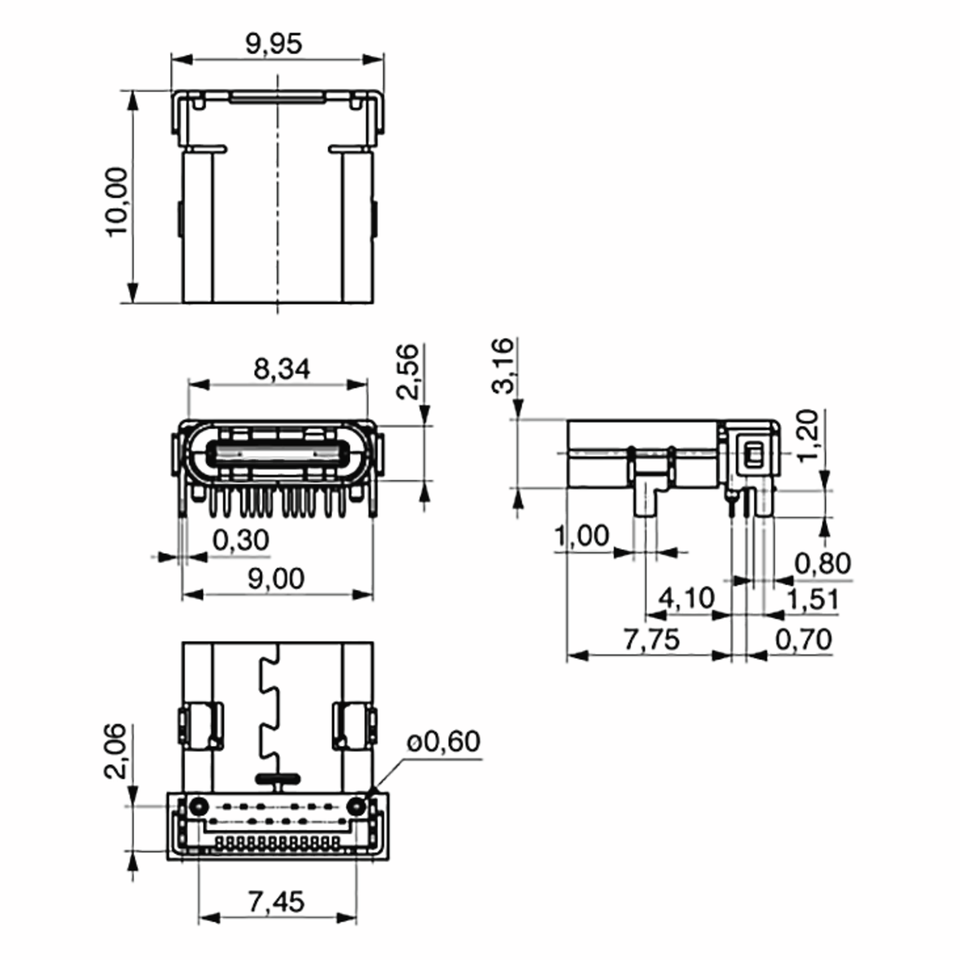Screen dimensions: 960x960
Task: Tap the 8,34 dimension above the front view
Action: (282, 369)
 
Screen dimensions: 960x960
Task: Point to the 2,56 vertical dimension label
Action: (408, 372)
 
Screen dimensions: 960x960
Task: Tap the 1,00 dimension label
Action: (581, 536)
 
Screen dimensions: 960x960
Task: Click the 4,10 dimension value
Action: (686, 598)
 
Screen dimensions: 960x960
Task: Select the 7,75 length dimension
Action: (652, 640)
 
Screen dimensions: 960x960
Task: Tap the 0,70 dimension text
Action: (804, 640)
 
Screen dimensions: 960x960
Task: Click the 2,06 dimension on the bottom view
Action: (115, 751)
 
